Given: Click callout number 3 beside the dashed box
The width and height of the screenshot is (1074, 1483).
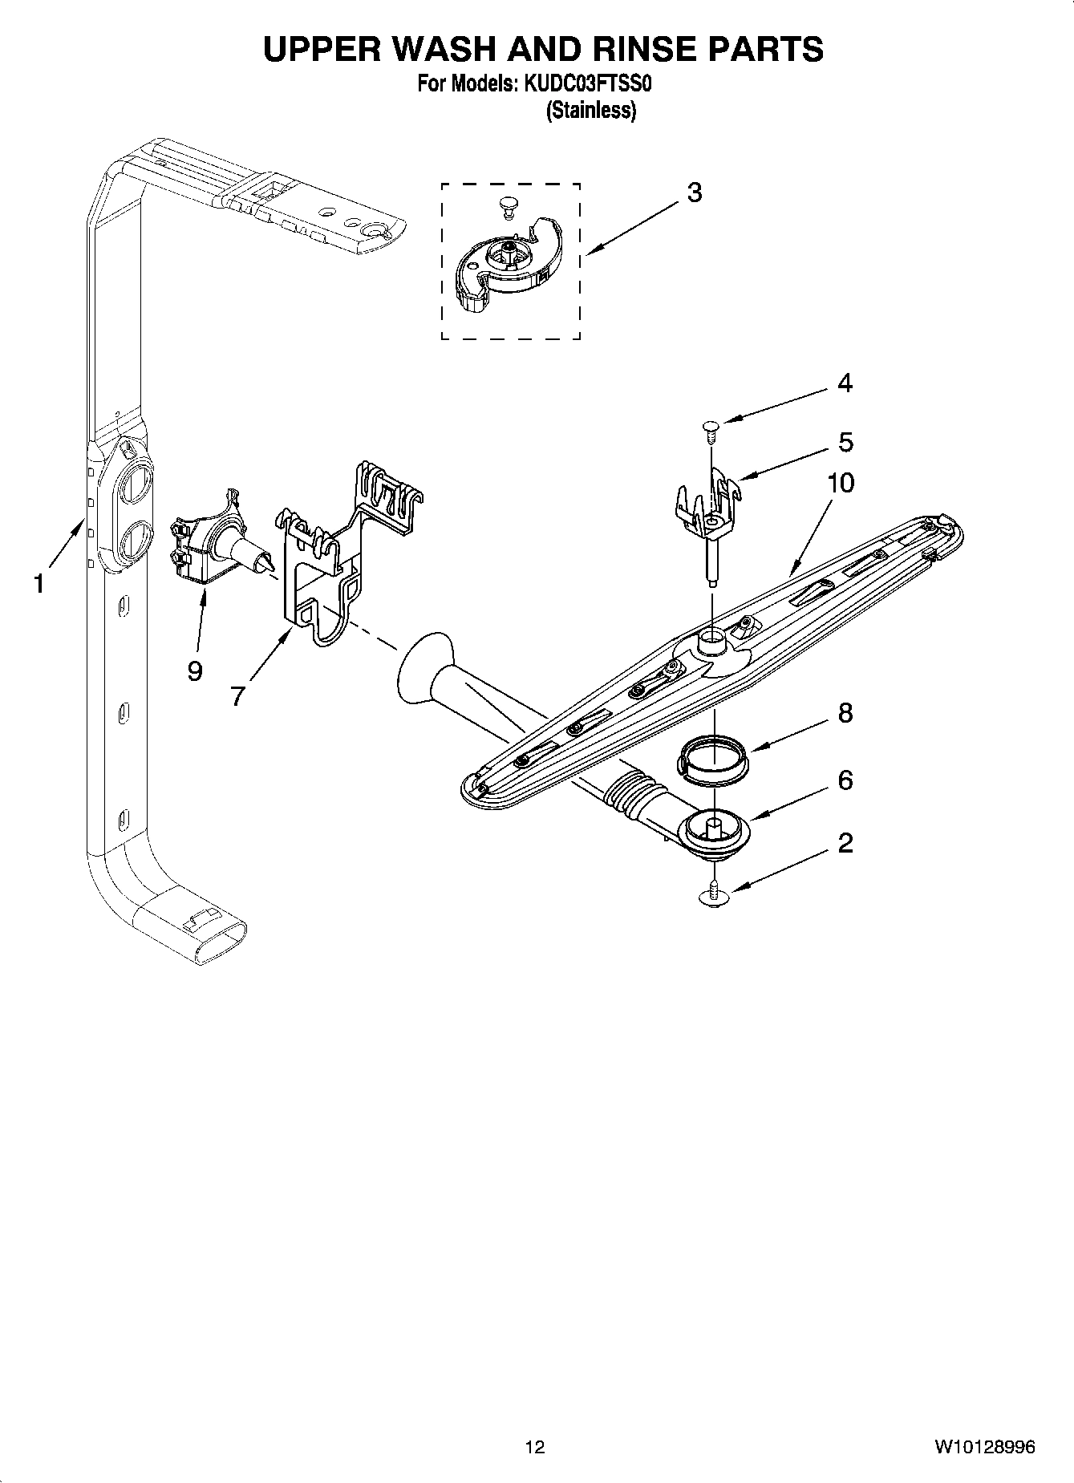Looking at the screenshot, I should tap(695, 192).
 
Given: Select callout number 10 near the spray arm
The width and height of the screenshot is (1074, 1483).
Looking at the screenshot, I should tap(841, 483).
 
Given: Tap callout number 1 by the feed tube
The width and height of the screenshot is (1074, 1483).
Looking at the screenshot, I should tap(39, 585).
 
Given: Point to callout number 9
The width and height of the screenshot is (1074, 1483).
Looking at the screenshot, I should tap(194, 671).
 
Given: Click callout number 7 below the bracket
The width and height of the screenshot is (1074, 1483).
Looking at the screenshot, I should tap(237, 696).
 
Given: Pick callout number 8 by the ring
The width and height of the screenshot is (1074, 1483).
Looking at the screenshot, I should tap(845, 713).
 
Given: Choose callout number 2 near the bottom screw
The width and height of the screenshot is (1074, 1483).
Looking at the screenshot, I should tap(845, 843).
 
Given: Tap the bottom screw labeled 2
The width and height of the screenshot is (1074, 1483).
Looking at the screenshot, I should tap(713, 895).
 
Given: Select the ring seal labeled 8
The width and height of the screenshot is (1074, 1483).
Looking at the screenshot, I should tap(713, 758).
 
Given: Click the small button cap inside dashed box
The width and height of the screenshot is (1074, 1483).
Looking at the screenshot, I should tap(505, 205).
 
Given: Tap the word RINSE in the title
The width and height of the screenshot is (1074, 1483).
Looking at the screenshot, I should tap(622, 50).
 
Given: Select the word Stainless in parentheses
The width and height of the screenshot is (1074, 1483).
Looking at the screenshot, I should tap(590, 111).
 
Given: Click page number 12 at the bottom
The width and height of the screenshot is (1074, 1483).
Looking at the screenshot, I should tap(535, 1447).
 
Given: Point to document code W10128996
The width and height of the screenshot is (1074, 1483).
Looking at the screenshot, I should tap(983, 1447).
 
